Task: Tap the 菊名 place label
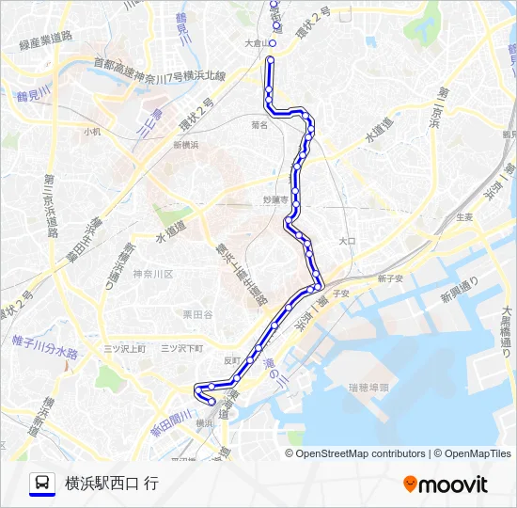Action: click(x=260, y=124)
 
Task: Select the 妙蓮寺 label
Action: click(x=274, y=199)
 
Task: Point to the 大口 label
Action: click(x=347, y=241)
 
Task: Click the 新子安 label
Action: click(x=390, y=278)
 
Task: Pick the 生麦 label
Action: click(x=463, y=216)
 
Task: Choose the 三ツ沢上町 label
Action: click(x=125, y=348)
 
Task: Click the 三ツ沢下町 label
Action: click(x=181, y=348)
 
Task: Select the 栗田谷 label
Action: click(x=197, y=314)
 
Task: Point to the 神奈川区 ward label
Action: click(x=153, y=274)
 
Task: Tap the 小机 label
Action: click(x=91, y=133)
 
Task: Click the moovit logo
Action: click(x=446, y=484)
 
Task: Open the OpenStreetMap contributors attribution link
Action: click(x=361, y=453)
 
